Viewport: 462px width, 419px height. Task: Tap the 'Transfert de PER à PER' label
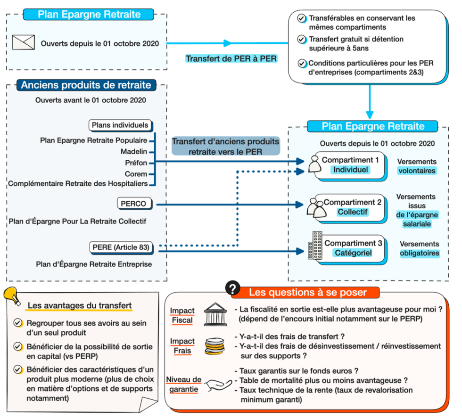pyautogui.click(x=231, y=59)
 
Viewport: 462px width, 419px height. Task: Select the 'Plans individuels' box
pyautogui.click(x=120, y=125)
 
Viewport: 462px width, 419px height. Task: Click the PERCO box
pyautogui.click(x=133, y=204)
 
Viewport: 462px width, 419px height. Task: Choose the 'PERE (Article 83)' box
pyautogui.click(x=121, y=247)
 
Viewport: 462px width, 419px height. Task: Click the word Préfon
pyautogui.click(x=136, y=163)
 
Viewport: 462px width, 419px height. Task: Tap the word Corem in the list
pyautogui.click(x=136, y=173)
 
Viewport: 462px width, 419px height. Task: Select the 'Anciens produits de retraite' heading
pyautogui.click(x=86, y=85)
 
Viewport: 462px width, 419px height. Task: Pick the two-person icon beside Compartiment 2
pyautogui.click(x=315, y=207)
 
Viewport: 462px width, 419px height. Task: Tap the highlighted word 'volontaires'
pyautogui.click(x=417, y=171)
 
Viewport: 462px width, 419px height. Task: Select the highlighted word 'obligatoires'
pyautogui.click(x=420, y=253)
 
